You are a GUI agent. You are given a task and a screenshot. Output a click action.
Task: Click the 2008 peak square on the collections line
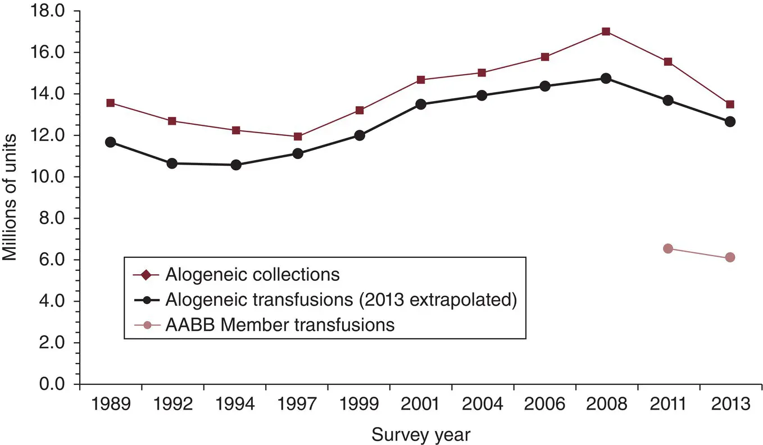pyautogui.click(x=606, y=31)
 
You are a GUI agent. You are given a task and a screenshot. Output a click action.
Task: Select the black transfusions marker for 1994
pyautogui.click(x=236, y=165)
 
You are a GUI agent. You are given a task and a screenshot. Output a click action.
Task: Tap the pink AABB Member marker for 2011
pyautogui.click(x=668, y=248)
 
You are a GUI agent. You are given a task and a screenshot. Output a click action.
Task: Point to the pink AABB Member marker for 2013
pyautogui.click(x=730, y=257)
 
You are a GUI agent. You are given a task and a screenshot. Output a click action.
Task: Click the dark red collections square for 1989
pyautogui.click(x=111, y=103)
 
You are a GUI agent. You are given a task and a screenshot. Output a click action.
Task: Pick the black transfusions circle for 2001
pyautogui.click(x=421, y=105)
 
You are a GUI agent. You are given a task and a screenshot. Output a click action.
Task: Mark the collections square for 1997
pyautogui.click(x=298, y=137)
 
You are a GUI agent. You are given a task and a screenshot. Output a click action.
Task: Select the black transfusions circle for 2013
pyautogui.click(x=730, y=121)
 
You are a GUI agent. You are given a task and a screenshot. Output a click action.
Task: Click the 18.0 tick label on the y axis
pyautogui.click(x=50, y=11)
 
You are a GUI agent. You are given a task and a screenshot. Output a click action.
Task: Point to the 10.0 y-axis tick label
pyautogui.click(x=50, y=177)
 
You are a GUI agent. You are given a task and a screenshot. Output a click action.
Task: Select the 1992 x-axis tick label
pyautogui.click(x=173, y=405)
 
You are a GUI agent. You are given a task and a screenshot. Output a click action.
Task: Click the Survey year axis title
pyautogui.click(x=420, y=434)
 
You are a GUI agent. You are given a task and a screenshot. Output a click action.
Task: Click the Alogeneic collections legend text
pyautogui.click(x=252, y=275)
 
